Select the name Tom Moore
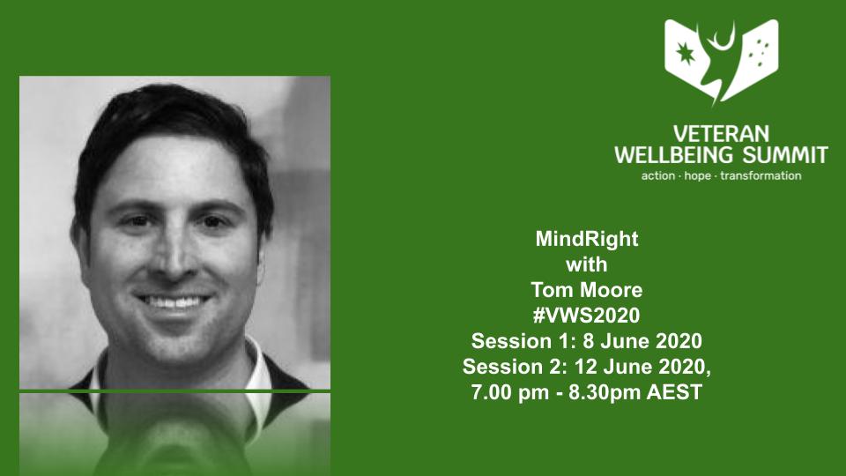pos(586,290)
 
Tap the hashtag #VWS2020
pos(586,316)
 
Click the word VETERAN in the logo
pos(721,134)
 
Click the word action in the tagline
pos(658,175)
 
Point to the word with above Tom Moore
pos(586,264)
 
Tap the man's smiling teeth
pos(176,302)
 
